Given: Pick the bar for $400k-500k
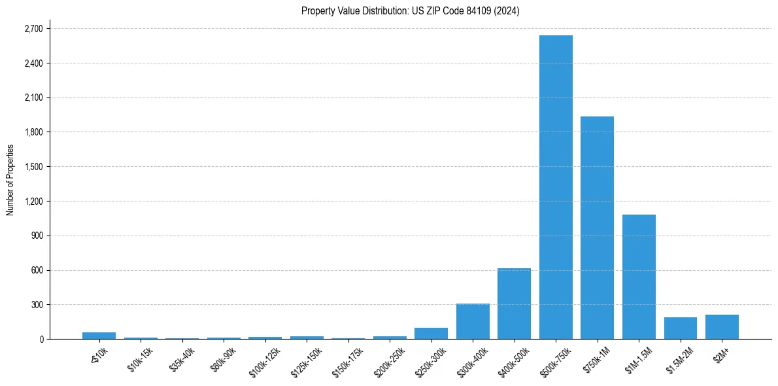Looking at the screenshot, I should pyautogui.click(x=514, y=304).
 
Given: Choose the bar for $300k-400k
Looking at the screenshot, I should pyautogui.click(x=473, y=321).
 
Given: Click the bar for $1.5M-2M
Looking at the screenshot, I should pyautogui.click(x=680, y=328).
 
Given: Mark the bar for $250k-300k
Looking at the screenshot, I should pyautogui.click(x=431, y=333).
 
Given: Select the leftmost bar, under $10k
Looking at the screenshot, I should pyautogui.click(x=99, y=336).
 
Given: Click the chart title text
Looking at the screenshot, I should pyautogui.click(x=410, y=11).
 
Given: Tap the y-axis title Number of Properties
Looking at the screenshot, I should pyautogui.click(x=10, y=179).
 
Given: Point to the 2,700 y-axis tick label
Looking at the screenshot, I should pyautogui.click(x=33, y=29).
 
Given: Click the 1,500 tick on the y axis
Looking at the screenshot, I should pyautogui.click(x=33, y=167).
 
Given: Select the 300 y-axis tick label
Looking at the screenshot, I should pyautogui.click(x=37, y=305).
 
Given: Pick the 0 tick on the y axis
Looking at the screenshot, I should pyautogui.click(x=41, y=339).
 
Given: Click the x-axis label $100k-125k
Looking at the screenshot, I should pyautogui.click(x=265, y=357).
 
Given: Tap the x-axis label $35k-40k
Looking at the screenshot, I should pyautogui.click(x=182, y=356).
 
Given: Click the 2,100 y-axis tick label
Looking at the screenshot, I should pyautogui.click(x=33, y=98).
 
